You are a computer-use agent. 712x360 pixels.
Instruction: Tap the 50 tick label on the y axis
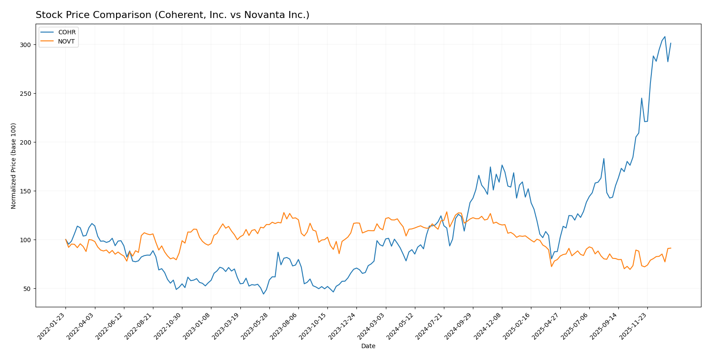point(26,289)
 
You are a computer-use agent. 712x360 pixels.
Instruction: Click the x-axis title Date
point(368,346)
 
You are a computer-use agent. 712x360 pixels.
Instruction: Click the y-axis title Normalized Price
point(14,166)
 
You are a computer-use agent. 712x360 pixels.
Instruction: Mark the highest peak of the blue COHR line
point(665,36)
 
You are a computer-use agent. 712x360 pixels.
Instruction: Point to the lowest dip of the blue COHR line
point(263,294)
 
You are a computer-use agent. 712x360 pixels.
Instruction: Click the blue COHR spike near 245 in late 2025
point(641,98)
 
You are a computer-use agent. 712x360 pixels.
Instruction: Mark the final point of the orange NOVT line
point(671,248)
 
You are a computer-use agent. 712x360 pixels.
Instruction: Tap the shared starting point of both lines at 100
point(65,240)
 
